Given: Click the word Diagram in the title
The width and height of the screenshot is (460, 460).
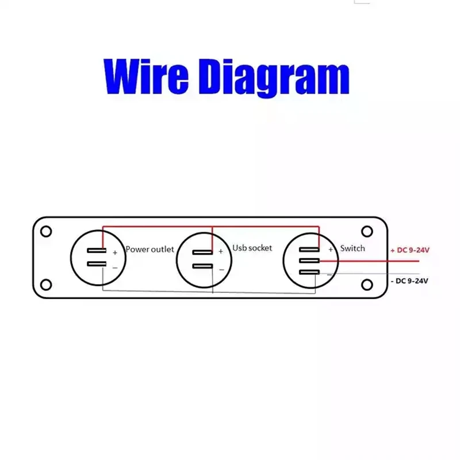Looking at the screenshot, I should pos(276,78).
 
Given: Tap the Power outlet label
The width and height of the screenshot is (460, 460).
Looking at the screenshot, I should pos(149,250).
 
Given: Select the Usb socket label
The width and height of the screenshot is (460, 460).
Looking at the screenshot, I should pos(252,248).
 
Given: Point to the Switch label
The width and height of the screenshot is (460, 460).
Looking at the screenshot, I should pos(352,248).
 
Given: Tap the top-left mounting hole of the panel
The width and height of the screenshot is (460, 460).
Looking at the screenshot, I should pos(47,231).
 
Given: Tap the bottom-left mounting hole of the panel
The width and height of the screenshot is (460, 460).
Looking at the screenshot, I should pos(47,284).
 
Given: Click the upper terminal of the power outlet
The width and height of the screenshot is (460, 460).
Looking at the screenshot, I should pos(97,251).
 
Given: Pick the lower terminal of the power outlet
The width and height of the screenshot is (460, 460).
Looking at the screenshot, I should pos(97,264).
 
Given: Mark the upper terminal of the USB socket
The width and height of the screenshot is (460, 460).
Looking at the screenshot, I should pos(202,252).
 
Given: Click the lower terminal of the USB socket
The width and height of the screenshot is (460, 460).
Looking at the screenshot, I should pos(202,266).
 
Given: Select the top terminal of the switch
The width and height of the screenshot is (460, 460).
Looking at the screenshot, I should pos(309,250).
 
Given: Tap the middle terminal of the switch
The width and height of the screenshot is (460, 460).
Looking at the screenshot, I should pos(309,261).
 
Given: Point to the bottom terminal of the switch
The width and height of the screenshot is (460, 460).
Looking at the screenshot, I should pos(309,271).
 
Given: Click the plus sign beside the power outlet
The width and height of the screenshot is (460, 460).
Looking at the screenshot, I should pos(114,252).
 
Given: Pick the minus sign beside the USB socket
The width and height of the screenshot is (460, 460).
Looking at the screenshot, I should pos(221,269).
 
